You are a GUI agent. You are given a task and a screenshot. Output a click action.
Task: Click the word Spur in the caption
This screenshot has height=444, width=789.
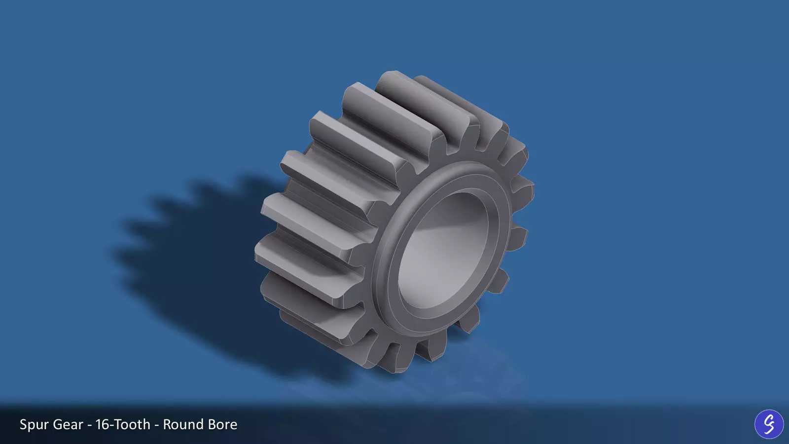34,425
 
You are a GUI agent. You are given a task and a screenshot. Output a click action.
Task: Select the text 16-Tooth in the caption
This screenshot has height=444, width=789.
123,424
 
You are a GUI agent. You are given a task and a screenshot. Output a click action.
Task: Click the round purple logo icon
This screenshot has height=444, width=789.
769,424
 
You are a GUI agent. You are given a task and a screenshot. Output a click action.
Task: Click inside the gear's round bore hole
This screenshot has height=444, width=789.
444,252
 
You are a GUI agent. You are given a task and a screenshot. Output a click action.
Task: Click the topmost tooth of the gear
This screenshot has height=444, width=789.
394,79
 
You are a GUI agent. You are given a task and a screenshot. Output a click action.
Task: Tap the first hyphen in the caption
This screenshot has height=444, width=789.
89,425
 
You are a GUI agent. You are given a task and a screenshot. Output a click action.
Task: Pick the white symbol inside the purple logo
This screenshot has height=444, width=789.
769,424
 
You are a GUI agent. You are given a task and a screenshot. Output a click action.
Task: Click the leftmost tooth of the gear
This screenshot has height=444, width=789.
264,252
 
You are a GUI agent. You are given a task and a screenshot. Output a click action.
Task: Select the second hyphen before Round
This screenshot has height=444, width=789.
157,425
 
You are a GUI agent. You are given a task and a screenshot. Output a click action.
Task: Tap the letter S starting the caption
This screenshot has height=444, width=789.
23,424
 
